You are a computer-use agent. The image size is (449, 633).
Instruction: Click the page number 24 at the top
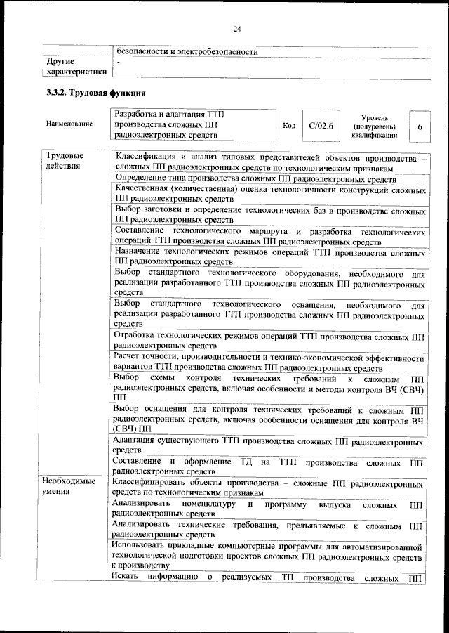click(237, 28)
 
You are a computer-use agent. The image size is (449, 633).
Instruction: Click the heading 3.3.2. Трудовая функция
click(95, 93)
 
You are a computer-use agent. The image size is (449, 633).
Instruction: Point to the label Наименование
click(69, 124)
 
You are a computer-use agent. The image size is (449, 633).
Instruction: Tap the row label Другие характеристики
click(76, 66)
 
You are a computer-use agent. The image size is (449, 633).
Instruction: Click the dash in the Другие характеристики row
click(119, 63)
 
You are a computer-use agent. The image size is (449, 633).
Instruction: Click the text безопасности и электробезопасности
click(187, 51)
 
